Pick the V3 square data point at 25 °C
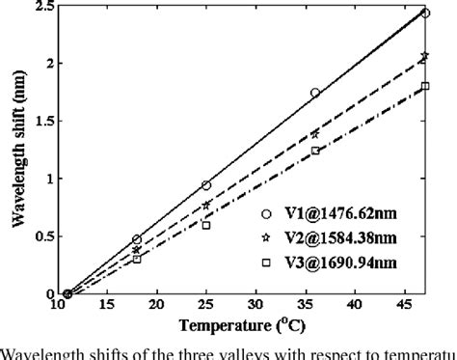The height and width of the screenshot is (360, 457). (205, 225)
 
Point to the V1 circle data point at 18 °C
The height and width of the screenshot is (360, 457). (136, 239)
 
